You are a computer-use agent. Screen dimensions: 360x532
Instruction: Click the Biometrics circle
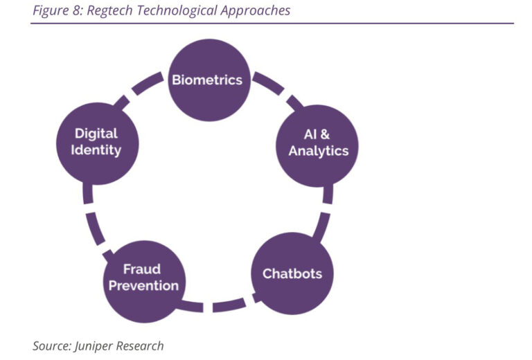point(207,80)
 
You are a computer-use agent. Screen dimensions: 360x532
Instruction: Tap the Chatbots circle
point(292,273)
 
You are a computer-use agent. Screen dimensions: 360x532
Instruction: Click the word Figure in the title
point(49,10)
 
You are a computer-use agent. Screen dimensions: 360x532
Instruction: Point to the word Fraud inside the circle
point(142,269)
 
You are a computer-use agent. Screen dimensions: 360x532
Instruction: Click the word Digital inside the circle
point(96,133)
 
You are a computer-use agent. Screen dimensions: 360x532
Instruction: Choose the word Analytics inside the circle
point(318,151)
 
